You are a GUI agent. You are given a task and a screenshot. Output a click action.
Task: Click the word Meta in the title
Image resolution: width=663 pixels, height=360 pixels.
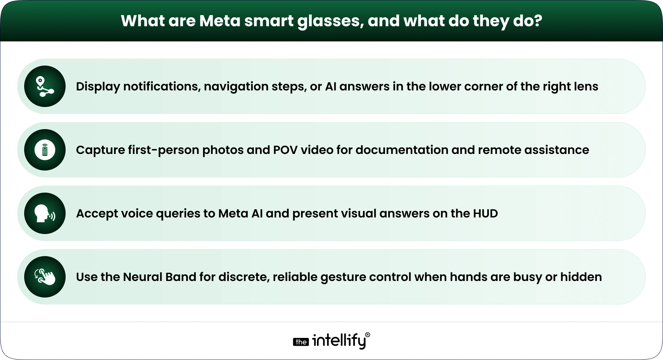(x=220, y=21)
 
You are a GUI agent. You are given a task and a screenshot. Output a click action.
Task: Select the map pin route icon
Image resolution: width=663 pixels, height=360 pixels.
(x=45, y=86)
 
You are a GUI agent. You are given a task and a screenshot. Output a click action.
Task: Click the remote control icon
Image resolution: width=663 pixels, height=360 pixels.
(x=45, y=150)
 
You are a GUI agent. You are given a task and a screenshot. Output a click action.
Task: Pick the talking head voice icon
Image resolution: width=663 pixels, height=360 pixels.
(x=45, y=213)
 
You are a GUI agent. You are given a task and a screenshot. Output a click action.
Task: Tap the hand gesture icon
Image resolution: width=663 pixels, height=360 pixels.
(x=45, y=277)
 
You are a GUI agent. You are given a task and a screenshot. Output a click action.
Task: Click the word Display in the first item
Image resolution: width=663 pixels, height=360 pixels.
(x=98, y=86)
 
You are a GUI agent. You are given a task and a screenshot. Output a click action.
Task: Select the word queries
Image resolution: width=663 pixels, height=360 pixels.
(x=178, y=213)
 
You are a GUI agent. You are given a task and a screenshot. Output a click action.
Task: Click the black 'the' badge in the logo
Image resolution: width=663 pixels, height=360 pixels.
(x=301, y=342)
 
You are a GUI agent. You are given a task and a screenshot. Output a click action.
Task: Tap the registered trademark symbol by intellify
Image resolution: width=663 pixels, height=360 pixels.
(x=367, y=335)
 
